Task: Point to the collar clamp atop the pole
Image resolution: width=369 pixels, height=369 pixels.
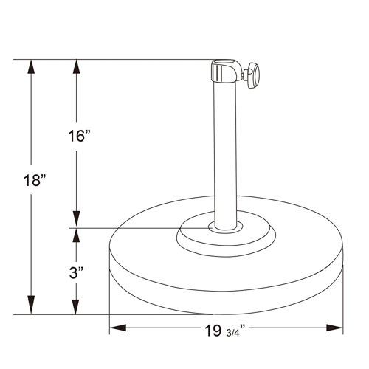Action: point(225,71)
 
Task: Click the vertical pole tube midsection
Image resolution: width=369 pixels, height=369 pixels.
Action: point(225,148)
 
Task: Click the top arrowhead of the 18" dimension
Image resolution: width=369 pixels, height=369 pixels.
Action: point(31,66)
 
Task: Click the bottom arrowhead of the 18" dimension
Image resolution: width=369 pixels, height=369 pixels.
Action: point(31,307)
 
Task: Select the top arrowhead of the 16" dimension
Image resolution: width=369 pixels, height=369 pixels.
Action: point(76,66)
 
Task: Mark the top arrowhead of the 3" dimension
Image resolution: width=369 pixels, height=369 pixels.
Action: point(76,235)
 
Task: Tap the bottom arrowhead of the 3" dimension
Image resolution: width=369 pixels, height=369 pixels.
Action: point(76,307)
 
